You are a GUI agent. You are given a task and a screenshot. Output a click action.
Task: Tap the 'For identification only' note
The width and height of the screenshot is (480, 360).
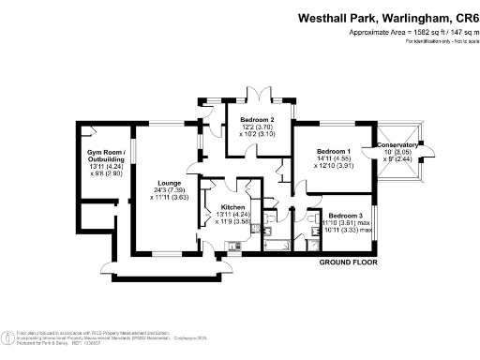(x=435, y=42)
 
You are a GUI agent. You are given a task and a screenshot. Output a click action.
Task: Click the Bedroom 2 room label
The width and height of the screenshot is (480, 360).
(x=258, y=120)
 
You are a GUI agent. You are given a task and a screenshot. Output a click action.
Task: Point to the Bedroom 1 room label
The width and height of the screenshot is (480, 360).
(x=333, y=151)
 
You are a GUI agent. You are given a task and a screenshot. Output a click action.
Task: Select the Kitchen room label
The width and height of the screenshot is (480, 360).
(x=232, y=207)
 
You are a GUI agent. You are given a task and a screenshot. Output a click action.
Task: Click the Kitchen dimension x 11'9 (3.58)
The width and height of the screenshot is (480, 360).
(x=232, y=222)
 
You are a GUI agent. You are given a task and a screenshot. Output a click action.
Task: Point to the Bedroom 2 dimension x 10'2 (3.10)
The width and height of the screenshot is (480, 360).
(x=258, y=134)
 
